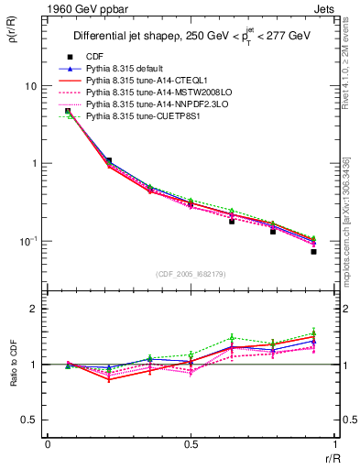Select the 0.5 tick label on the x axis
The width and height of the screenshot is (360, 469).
pos(191,444)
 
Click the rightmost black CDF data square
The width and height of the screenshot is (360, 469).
pos(313,251)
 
